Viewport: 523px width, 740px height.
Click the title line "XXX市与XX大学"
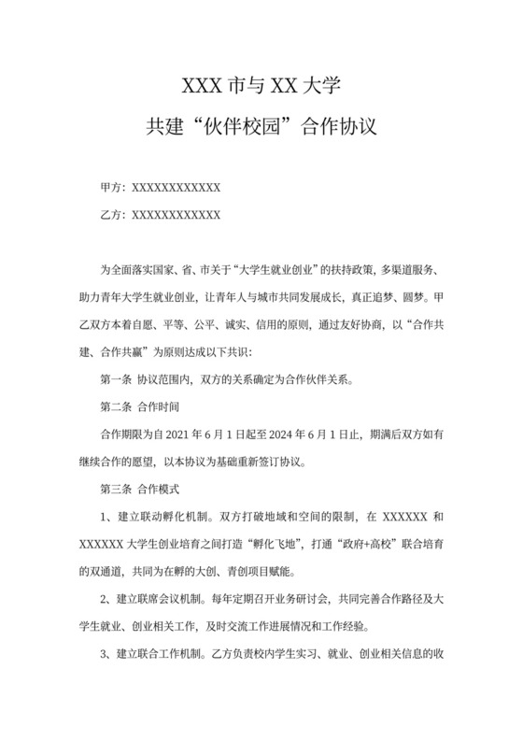pos(261,88)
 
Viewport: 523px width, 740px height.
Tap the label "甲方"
pos(111,188)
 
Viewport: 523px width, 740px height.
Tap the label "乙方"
pos(111,215)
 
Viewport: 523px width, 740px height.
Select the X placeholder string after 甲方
pos(177,188)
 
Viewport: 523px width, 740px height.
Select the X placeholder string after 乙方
pos(177,215)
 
